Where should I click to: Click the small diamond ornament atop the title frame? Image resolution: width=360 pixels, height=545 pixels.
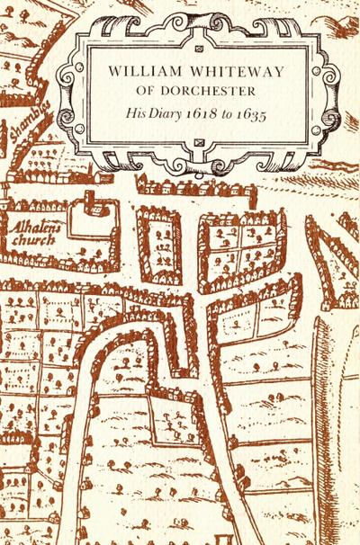click(197, 41)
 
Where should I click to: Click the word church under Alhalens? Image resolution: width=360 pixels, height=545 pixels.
click(31, 241)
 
